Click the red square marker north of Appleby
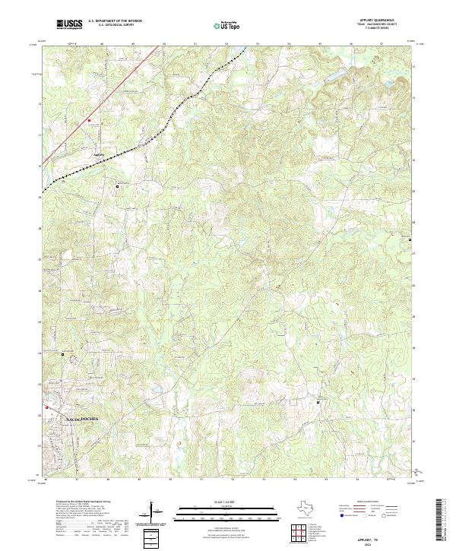point(88,120)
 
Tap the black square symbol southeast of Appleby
point(116,185)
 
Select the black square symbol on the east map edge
point(411,239)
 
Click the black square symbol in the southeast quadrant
point(318,401)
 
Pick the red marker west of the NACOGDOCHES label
point(47,407)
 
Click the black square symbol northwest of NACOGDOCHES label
point(63,354)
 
